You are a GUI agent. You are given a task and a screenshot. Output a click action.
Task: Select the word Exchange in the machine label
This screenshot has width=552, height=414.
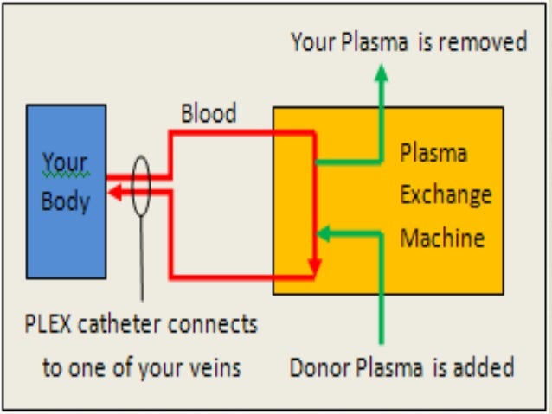point(445,194)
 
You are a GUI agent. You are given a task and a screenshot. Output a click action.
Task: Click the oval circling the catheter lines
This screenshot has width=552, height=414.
point(141,186)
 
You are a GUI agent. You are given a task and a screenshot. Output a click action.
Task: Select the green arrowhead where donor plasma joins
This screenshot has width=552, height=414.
point(324,231)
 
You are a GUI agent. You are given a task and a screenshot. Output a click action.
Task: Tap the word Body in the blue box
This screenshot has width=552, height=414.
point(66,203)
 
